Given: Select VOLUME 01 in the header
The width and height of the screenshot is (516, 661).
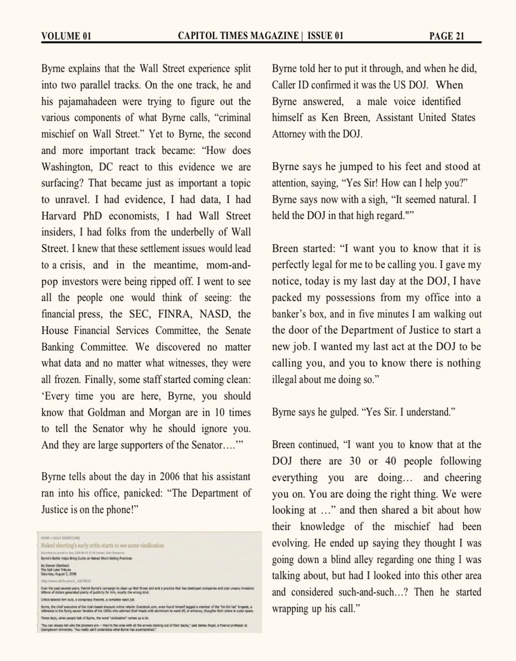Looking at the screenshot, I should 66,36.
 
